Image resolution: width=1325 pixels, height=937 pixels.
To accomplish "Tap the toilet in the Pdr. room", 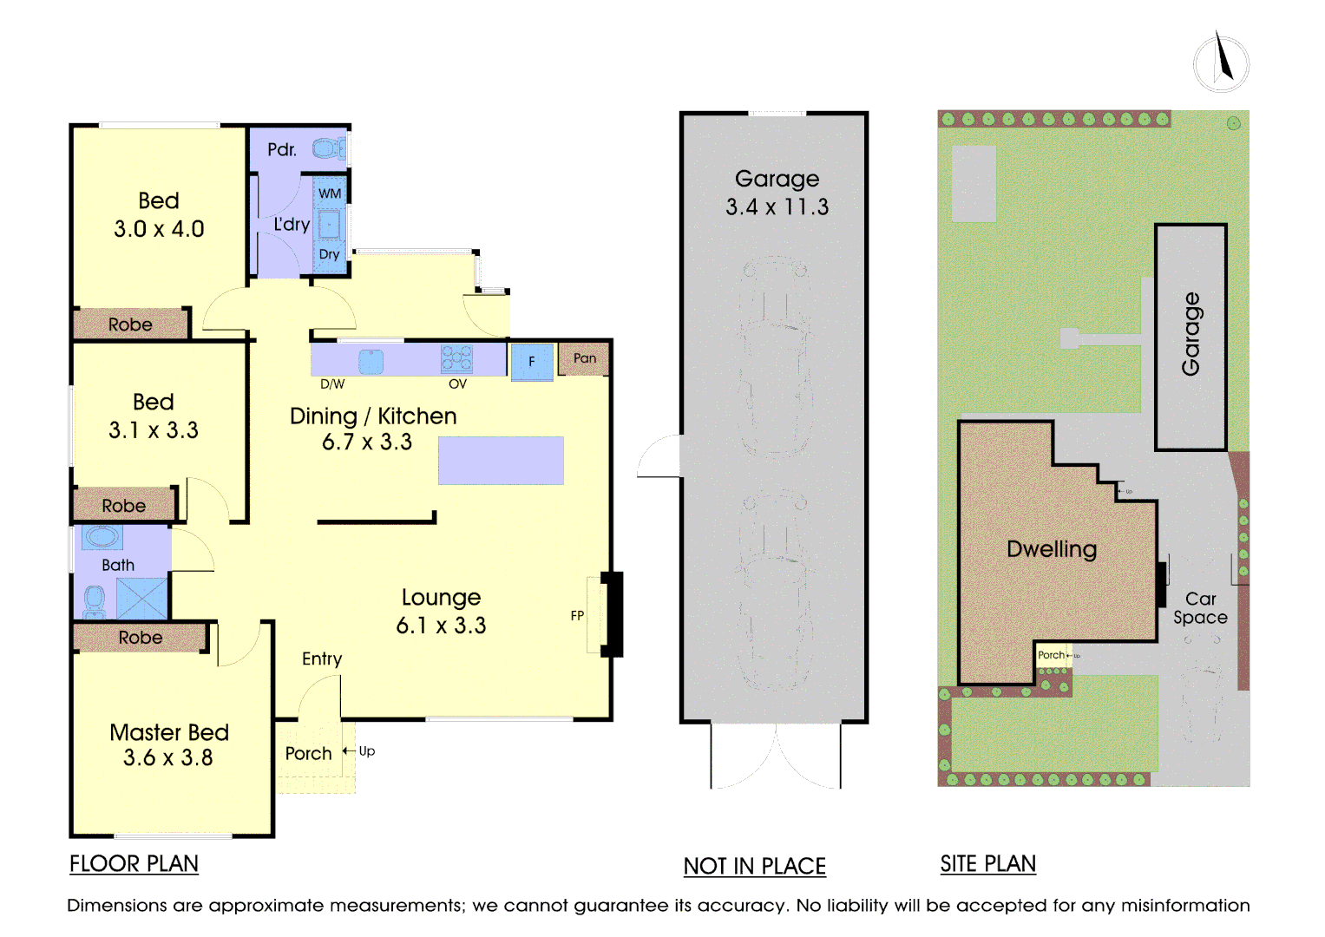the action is pos(328,148).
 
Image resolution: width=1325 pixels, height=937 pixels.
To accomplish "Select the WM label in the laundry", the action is pos(330,193).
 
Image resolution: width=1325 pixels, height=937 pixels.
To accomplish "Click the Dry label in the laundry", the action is pos(329,254).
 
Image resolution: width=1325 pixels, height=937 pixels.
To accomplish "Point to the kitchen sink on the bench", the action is pos(371,362).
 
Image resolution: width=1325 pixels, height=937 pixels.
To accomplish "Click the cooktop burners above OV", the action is pos(456,358).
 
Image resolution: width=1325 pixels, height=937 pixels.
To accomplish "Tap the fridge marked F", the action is pos(532,362).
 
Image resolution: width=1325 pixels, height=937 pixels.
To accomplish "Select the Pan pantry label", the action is pos(585,357).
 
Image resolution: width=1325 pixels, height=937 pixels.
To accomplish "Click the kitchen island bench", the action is pos(501,461).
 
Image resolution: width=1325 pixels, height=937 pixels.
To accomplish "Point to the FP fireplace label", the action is pos(577,616).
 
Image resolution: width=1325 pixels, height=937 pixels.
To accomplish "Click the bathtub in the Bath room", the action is pos(102,538).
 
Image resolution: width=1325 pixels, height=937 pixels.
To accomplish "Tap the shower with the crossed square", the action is pos(142,598).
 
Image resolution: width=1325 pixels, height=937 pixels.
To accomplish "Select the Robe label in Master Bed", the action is pos(141,637).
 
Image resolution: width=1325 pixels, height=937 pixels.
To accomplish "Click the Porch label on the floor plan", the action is pos(308,754).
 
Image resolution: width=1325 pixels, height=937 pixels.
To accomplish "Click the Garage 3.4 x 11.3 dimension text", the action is pos(777,207).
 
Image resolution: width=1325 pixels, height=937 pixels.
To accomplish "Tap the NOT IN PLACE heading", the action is pos(754,866).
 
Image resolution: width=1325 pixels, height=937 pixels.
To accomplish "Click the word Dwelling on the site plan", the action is pos(1052,549).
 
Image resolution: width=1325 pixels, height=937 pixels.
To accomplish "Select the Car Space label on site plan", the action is pos(1200,608).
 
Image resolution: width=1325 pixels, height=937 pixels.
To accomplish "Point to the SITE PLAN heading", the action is pos(987,863).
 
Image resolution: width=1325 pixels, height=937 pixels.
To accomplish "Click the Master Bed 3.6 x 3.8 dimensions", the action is pos(168,757).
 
